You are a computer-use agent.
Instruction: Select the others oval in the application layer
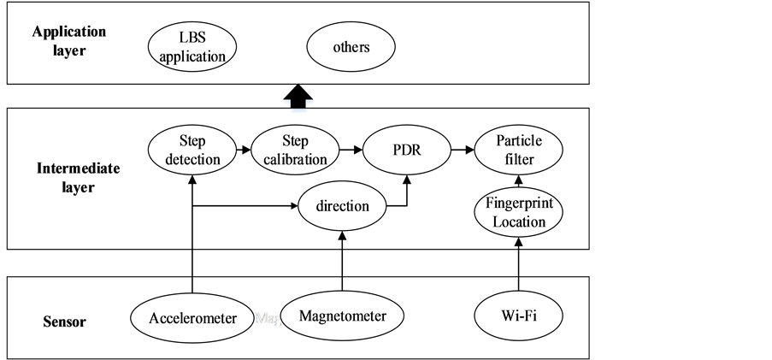click(x=351, y=47)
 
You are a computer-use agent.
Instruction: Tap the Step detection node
click(x=193, y=150)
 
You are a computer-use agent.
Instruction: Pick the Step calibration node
click(x=292, y=150)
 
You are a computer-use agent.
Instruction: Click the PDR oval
click(x=405, y=150)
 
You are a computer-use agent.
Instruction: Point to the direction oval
click(x=342, y=206)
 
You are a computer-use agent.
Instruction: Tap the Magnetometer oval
click(x=342, y=316)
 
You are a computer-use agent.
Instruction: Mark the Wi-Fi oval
click(x=519, y=316)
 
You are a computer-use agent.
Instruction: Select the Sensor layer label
click(x=65, y=323)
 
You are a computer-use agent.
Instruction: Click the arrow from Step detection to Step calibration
click(x=243, y=150)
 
